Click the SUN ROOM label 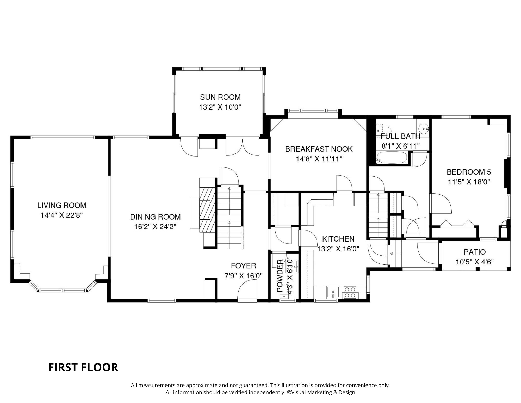220,97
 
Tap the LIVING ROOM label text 62,206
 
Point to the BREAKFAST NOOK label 319,149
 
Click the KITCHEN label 338,239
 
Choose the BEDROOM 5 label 469,172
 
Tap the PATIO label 475,252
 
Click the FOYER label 244,266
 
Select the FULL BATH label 401,136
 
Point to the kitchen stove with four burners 350,292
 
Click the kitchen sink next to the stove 333,292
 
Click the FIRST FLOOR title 83,367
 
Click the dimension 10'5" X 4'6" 475,262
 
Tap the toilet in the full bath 383,130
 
